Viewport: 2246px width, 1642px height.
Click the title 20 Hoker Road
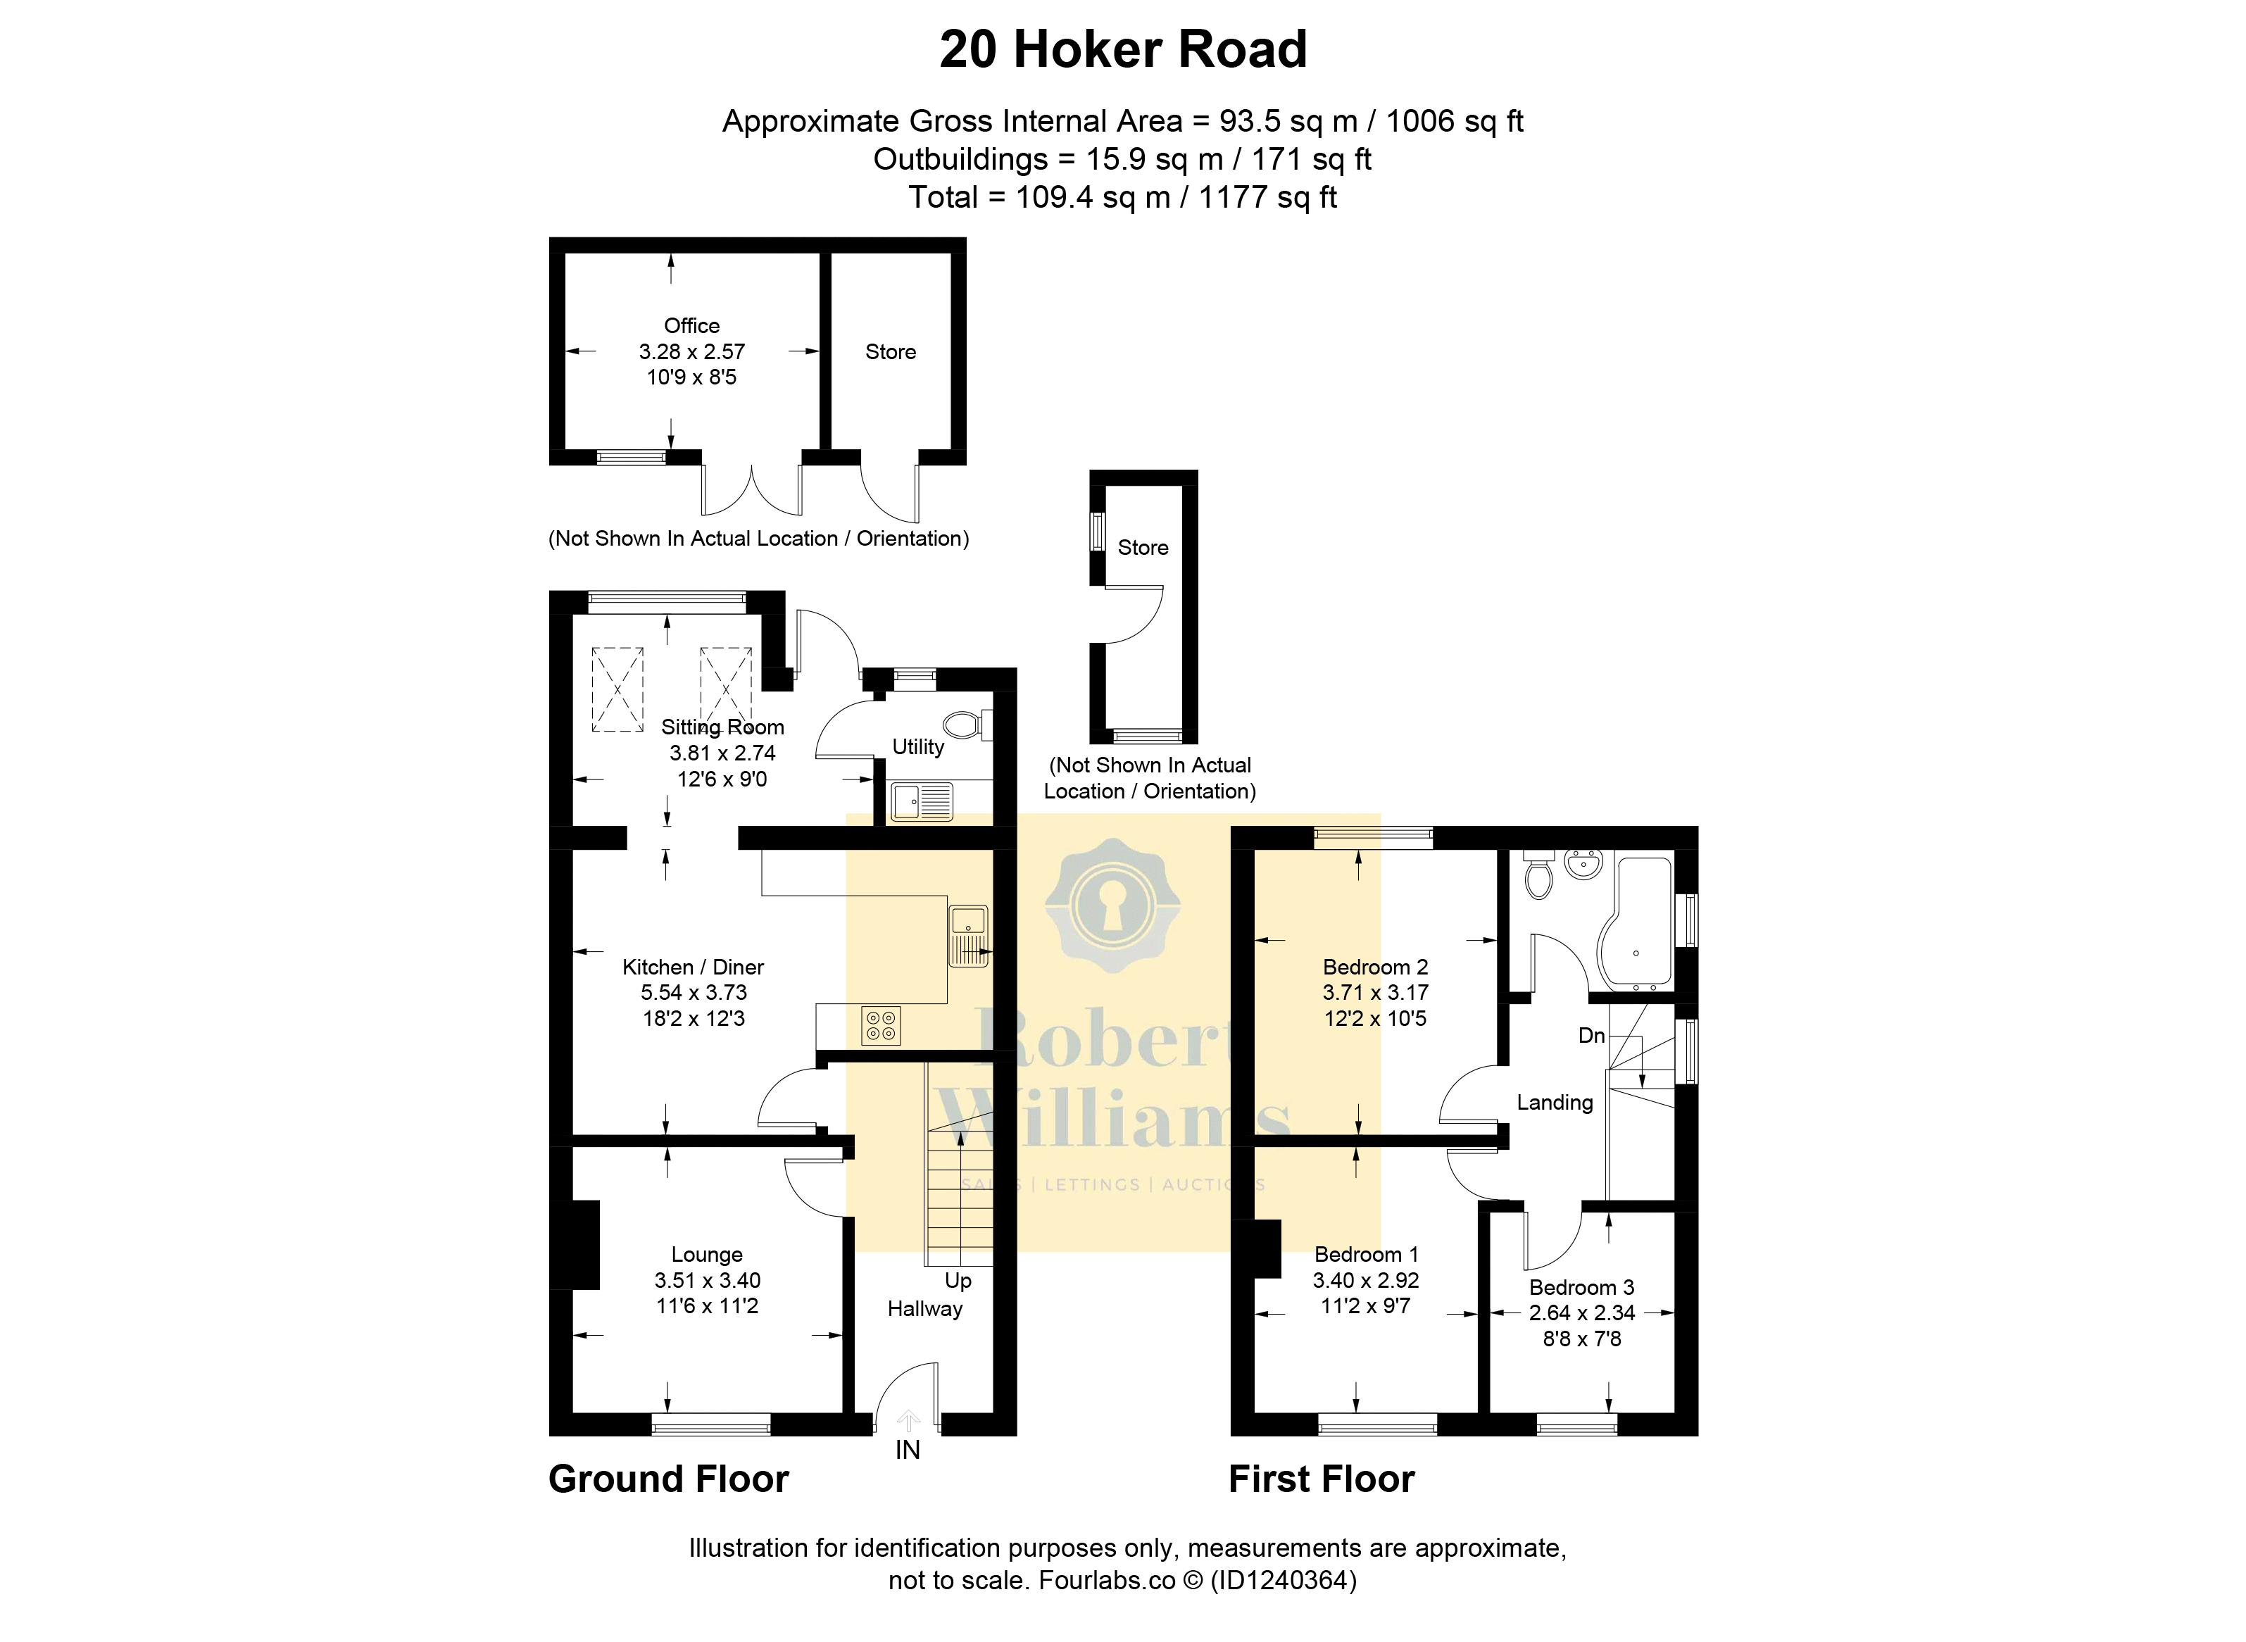point(1123,50)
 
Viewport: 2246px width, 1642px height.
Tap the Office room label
point(691,326)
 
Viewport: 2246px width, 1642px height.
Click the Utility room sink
point(921,801)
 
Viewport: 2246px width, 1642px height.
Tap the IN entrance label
point(908,1450)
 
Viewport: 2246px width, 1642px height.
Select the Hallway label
point(925,1309)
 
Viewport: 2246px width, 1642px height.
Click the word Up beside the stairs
point(958,1280)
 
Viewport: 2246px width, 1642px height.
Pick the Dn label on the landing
point(1591,1036)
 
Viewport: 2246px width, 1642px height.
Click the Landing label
point(1555,1102)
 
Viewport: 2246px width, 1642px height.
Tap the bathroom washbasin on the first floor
point(1583,864)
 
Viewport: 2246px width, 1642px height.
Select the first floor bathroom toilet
point(1538,875)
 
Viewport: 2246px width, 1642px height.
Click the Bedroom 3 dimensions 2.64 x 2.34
point(1581,1313)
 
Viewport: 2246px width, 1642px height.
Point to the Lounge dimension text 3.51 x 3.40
point(707,1280)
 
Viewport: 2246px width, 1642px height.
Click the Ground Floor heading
point(669,1479)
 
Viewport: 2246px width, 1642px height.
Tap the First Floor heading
point(1322,1479)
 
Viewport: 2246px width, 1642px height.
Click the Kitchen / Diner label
point(693,967)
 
